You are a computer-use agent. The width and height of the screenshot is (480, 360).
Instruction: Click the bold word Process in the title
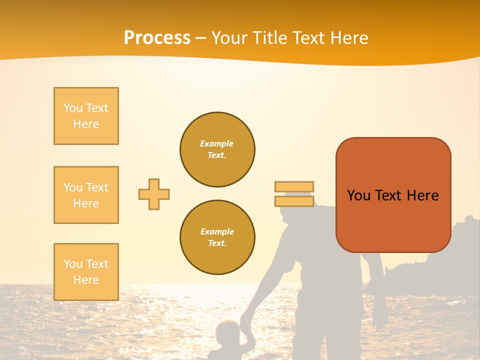[x=157, y=38]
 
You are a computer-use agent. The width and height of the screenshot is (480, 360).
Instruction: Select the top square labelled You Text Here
[x=86, y=116]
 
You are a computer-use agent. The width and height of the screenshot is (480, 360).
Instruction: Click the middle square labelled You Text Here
[x=86, y=195]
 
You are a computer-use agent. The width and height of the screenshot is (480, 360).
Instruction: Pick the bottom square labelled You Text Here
[x=86, y=272]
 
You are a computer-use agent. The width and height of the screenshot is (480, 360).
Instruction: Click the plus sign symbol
[x=154, y=194]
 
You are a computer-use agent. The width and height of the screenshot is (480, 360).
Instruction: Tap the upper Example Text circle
[x=217, y=149]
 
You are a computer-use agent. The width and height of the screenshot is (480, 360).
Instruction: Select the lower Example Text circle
[x=217, y=237]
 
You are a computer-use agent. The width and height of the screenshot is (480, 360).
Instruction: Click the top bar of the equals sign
[x=294, y=187]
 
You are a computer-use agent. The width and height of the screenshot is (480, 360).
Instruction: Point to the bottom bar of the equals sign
[x=294, y=201]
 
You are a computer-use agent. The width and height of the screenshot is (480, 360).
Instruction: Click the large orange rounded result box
[x=393, y=195]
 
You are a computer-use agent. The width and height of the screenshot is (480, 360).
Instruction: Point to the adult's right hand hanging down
[x=378, y=315]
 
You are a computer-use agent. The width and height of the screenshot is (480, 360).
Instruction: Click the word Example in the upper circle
[x=216, y=143]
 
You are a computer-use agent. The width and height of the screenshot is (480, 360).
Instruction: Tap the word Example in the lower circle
[x=217, y=231]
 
